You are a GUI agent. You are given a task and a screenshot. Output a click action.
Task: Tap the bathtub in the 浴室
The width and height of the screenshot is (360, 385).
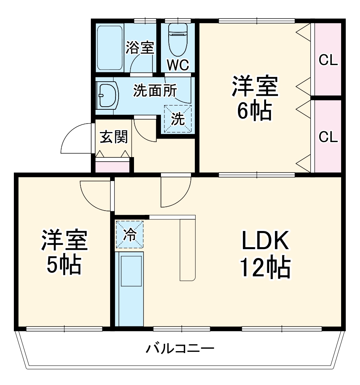coord(110,48)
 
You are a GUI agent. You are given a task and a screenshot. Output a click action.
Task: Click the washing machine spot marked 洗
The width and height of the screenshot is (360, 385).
coord(177,119)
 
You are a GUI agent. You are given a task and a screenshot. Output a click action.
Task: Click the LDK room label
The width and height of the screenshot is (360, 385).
coord(265,241)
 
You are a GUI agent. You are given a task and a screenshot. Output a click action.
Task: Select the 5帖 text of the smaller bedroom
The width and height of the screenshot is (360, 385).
coord(64,264)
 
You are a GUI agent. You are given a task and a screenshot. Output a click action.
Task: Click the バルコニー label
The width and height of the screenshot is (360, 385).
coord(179,349)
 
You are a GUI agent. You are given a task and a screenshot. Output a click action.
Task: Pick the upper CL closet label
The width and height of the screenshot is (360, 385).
coord(328,60)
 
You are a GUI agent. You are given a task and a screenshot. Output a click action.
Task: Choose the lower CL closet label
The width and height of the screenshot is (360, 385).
coord(328,136)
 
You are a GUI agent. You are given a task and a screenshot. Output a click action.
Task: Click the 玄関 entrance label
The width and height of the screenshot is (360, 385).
coord(114,137)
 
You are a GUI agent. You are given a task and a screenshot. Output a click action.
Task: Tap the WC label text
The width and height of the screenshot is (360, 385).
coord(177,65)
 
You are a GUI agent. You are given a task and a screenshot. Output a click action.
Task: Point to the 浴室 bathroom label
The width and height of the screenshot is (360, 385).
coord(141,48)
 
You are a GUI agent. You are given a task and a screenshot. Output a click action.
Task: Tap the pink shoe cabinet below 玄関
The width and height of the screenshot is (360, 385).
coord(113,167)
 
